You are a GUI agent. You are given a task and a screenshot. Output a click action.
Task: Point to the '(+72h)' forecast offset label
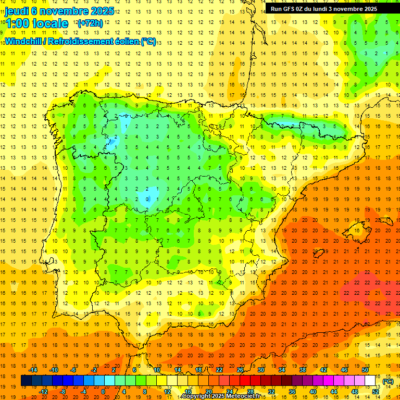90,23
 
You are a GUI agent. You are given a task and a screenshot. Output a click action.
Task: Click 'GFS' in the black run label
289,9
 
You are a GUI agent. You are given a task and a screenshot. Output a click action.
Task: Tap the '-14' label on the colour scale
33,370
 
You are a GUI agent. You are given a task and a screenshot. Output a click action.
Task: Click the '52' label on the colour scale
376,391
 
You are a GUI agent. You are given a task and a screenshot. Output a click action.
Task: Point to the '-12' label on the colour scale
43,391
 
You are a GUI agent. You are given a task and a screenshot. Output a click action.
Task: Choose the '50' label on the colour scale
365,370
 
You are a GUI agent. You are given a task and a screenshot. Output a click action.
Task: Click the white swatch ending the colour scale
370,381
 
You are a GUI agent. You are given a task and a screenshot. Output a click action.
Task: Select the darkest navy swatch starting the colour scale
27,381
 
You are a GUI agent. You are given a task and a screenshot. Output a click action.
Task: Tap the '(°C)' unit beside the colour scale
387,381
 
